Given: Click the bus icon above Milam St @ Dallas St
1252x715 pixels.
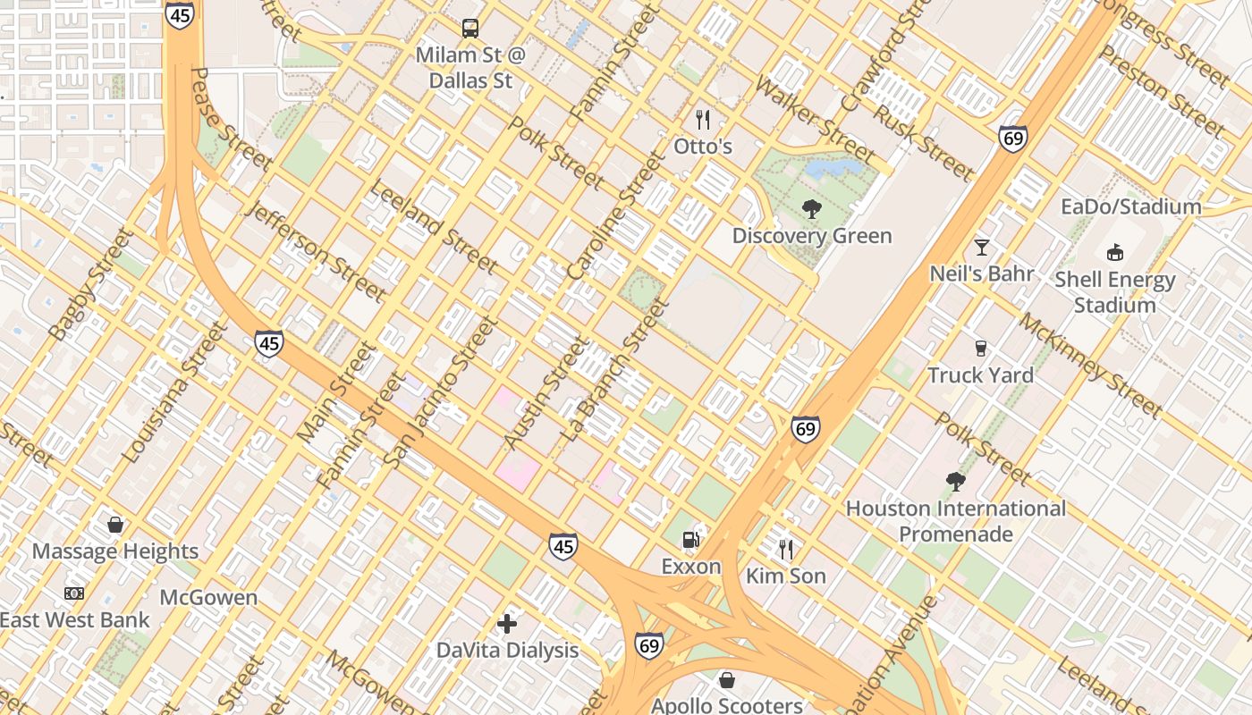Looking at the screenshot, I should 470,29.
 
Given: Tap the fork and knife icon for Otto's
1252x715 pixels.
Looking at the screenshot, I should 703,119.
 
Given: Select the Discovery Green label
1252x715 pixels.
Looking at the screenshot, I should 811,236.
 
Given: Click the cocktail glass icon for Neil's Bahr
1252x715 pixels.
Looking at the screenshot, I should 982,247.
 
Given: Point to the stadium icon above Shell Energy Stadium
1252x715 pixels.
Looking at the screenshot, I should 1114,253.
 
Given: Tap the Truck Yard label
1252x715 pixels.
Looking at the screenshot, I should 980,375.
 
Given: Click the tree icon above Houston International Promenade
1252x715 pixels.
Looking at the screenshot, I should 955,482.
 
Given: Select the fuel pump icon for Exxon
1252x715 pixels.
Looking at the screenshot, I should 690,539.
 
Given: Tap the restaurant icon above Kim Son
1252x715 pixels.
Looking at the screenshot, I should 786,549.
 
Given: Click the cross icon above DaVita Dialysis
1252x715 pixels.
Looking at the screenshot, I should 507,623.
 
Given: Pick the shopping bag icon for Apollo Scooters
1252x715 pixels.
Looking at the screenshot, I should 727,680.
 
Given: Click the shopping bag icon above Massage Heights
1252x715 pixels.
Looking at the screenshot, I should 114,525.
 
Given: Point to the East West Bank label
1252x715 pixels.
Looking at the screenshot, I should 75,619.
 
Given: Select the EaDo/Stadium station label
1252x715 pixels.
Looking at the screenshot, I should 1130,207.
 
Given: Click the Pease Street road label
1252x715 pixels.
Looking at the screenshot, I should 232,119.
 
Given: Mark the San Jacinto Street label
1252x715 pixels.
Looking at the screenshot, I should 439,391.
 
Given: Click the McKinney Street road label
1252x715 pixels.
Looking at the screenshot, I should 1090,366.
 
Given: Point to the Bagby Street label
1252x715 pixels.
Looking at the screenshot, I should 90,285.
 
